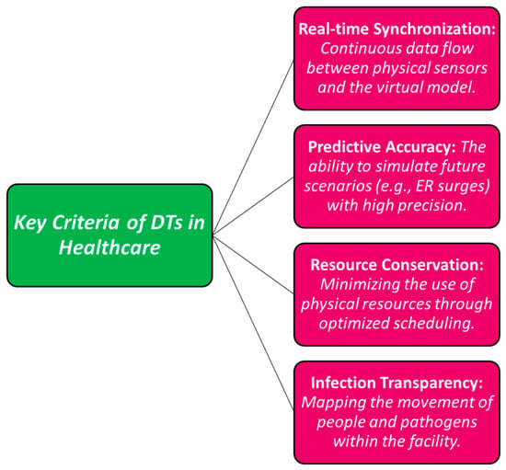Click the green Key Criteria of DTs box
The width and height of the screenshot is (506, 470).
(x=109, y=235)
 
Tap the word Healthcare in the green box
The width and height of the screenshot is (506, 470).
(x=109, y=247)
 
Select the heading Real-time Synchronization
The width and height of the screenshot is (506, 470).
(x=397, y=29)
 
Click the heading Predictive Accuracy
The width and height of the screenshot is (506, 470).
(x=382, y=147)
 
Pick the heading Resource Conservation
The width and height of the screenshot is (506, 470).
(x=397, y=265)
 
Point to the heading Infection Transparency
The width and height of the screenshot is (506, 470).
(x=397, y=383)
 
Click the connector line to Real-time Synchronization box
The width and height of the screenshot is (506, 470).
(x=253, y=147)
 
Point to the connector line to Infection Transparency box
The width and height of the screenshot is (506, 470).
(x=253, y=323)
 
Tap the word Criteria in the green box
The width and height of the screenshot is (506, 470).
(x=87, y=223)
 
